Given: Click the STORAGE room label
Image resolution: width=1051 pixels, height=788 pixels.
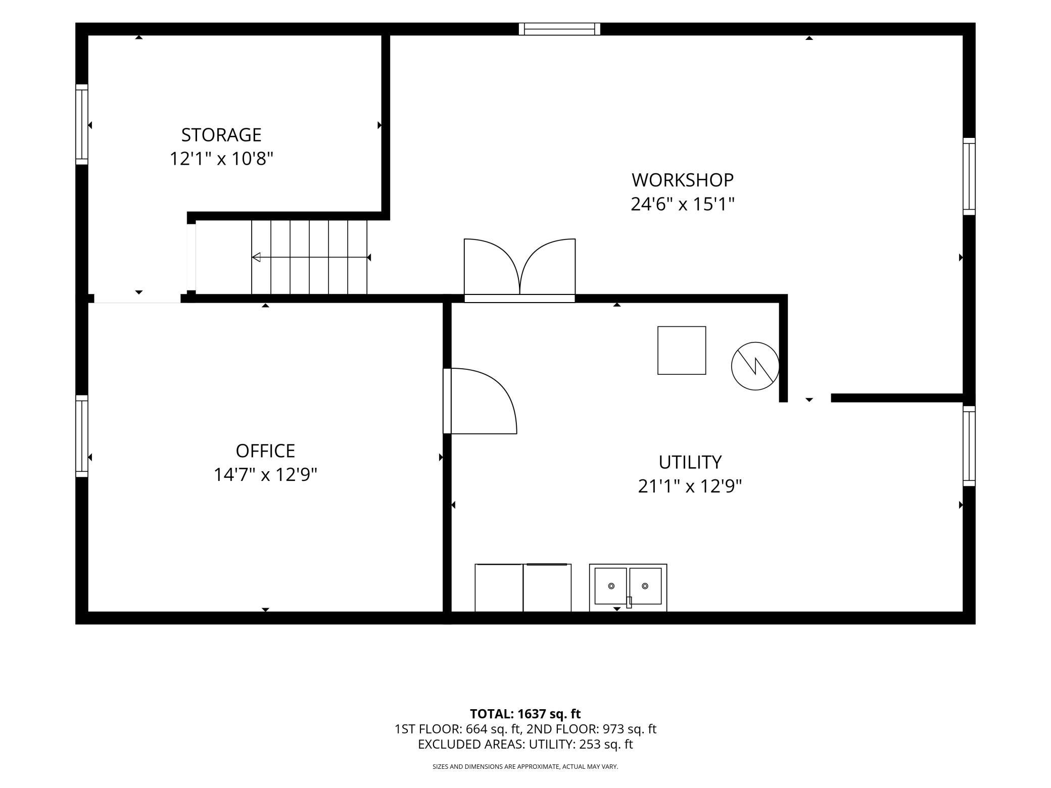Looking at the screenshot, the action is coord(221,135).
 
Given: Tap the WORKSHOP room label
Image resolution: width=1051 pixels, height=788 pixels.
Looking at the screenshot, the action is coord(682,180).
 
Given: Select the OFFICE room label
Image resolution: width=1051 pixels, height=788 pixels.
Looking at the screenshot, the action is coord(265,451).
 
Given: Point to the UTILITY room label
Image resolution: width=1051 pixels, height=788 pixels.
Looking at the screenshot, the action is coord(690,462).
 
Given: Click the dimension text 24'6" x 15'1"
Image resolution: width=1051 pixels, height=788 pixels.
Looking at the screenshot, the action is coord(682,204).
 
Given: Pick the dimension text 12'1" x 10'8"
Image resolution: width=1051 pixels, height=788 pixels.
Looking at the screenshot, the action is coord(221,159).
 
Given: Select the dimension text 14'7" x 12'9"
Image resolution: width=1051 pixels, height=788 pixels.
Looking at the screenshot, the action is coord(265,475).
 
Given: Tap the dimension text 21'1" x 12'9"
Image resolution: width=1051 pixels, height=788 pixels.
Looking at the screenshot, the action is coord(690,486).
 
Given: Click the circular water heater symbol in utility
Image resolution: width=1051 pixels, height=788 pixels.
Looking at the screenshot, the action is coord(755,366).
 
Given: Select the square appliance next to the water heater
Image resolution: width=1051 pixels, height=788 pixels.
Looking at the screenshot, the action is coord(682,351).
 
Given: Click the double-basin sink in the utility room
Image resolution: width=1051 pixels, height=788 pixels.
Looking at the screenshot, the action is coord(628,587).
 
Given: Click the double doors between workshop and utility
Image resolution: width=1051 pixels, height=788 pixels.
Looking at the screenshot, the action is coord(519,270).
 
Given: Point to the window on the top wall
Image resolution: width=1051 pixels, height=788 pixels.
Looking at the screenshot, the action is coord(559,29).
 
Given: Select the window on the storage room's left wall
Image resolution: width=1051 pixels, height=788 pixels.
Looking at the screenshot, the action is coord(82,124).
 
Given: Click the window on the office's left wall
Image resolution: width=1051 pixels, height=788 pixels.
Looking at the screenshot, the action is coord(82,436).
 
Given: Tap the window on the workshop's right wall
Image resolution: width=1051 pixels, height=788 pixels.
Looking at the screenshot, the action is coord(969,176).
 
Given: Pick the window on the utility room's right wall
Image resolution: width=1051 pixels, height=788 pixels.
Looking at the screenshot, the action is coord(969,446).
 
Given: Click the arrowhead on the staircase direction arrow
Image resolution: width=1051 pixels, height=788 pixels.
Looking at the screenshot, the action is coord(256,257).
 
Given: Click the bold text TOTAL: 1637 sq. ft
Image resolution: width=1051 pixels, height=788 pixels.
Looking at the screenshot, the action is coord(525,714).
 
